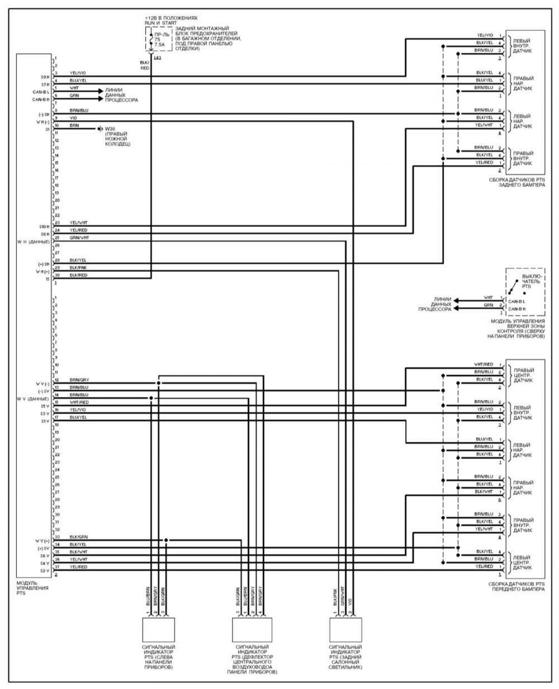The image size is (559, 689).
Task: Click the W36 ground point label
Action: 110,128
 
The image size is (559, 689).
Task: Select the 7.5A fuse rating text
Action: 159,45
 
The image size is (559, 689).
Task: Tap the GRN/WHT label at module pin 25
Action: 79,238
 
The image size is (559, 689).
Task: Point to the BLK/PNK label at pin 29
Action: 78,268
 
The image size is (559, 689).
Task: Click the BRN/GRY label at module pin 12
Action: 79,380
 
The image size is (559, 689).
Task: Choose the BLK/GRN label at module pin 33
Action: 78,537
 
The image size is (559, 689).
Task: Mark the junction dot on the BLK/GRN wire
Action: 166,540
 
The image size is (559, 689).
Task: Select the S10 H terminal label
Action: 45,226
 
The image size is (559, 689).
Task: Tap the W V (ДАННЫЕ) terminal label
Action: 33,399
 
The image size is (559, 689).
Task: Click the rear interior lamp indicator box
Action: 345,630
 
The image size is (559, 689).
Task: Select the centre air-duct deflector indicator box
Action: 252,630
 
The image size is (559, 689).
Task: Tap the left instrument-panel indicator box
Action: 159,630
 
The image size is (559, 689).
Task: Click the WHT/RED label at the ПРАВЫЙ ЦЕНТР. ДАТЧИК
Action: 484,364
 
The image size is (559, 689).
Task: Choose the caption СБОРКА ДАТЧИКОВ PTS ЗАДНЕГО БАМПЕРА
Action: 516,182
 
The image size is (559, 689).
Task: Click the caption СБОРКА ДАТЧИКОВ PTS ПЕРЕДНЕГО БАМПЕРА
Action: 516,586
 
